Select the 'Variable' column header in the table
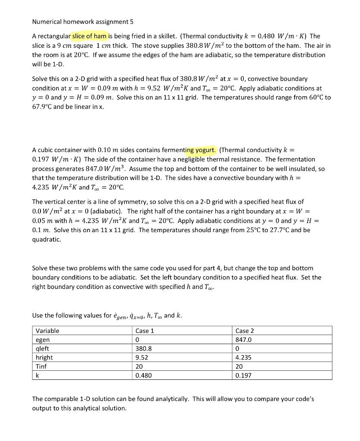[48, 331]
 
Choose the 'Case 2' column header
[245, 331]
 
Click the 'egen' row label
[43, 340]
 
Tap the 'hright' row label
[44, 357]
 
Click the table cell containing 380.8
[143, 348]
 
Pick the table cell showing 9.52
[142, 357]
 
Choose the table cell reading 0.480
[143, 376]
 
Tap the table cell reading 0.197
[244, 376]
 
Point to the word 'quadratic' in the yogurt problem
[47, 239]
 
